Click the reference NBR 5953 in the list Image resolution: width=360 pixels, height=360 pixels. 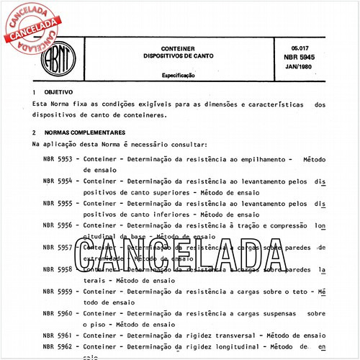click(x=58, y=159)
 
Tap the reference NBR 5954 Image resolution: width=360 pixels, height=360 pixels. click(x=58, y=181)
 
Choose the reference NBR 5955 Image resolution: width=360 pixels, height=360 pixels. click(x=58, y=204)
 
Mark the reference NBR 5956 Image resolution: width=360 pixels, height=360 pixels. click(x=58, y=225)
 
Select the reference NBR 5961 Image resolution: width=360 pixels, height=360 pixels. click(x=58, y=336)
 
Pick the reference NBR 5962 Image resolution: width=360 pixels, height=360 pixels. click(x=58, y=347)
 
